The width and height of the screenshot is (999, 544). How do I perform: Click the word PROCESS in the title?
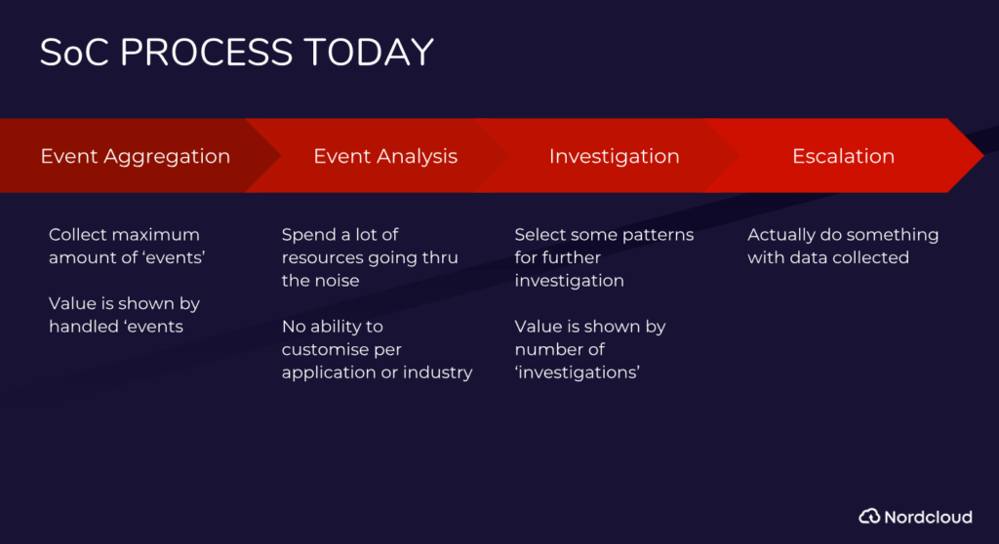click(207, 53)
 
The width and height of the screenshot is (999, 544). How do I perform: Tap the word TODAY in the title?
click(369, 53)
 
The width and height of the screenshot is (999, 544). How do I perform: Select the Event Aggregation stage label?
click(135, 157)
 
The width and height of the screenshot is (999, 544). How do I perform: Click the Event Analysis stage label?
click(385, 157)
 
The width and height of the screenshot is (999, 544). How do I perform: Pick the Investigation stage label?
click(615, 157)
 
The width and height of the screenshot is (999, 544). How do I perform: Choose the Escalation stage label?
click(844, 156)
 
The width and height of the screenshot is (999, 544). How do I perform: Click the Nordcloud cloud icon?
click(869, 516)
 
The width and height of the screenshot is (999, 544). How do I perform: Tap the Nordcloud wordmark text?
click(929, 517)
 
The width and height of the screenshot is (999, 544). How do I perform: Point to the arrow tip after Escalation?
click(983, 155)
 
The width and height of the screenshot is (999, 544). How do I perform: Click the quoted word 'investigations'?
click(578, 372)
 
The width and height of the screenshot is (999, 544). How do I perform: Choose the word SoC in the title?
click(74, 53)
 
